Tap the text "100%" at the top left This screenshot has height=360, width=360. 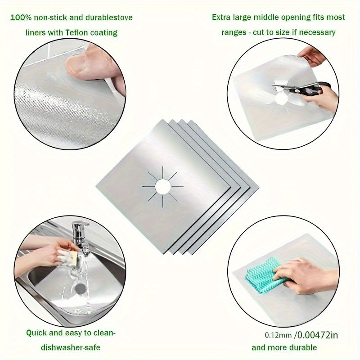(21, 18)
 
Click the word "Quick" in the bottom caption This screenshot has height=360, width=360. (36, 333)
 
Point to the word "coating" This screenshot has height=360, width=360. (103, 32)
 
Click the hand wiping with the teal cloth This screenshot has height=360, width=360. (306, 274)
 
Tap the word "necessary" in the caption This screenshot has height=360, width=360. (319, 32)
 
